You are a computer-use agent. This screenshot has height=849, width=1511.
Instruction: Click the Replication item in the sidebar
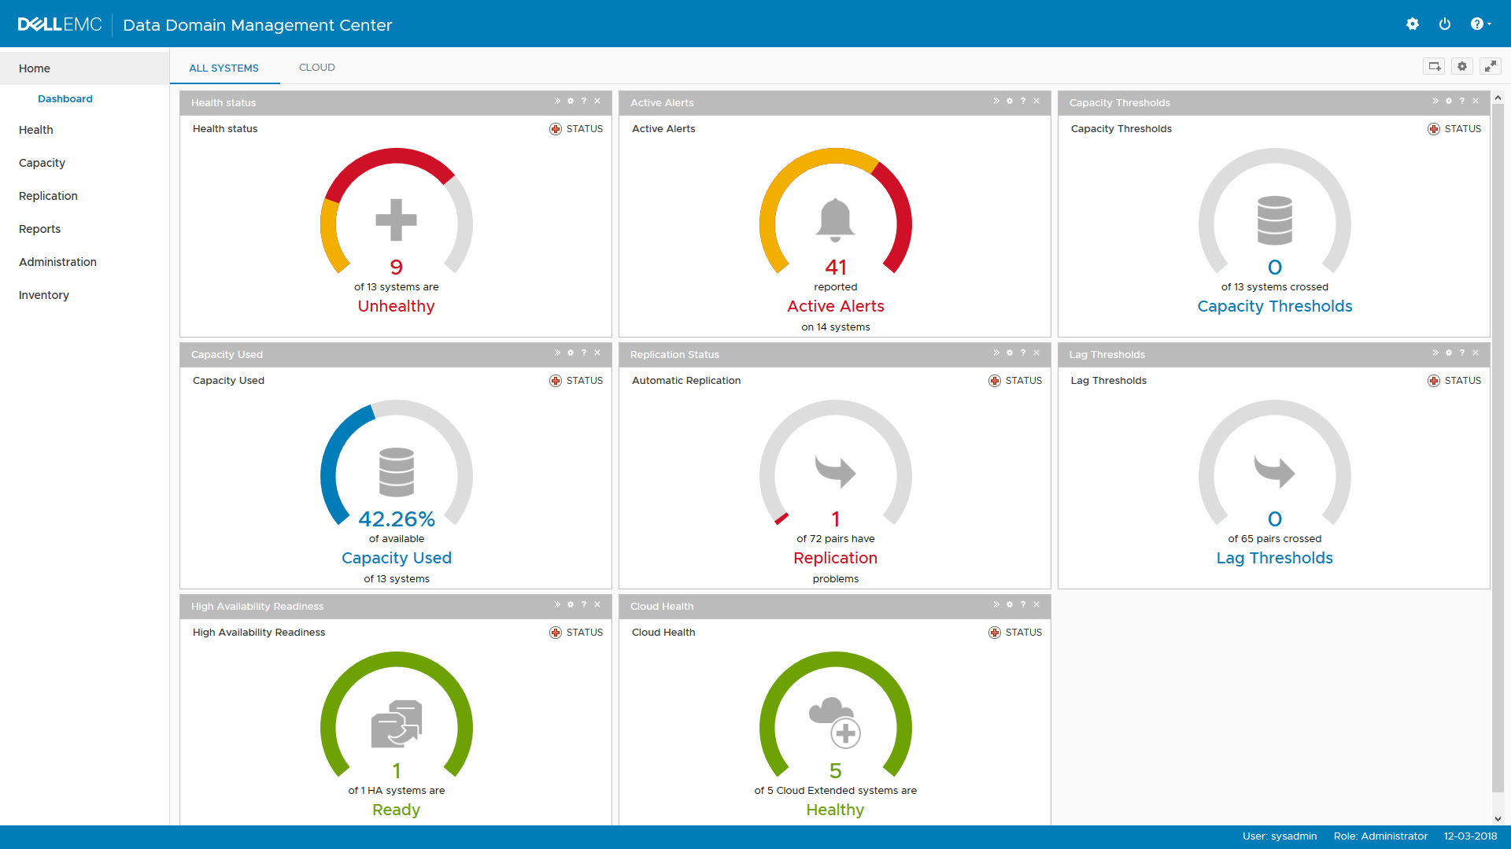coord(48,196)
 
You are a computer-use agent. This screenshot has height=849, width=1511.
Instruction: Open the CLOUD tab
coord(316,68)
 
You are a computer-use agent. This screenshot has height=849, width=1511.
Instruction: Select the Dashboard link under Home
coord(65,99)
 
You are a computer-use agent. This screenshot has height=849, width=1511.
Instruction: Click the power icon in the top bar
coord(1444,24)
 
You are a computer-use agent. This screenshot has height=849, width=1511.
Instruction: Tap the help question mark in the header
coord(1477,24)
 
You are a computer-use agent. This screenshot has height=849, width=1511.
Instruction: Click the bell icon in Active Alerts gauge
coord(835,220)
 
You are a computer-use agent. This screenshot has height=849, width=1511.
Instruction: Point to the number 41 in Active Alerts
coord(835,268)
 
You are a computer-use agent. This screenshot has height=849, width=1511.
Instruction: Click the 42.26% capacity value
coord(396,519)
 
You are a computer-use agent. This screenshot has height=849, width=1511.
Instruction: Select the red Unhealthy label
coord(396,306)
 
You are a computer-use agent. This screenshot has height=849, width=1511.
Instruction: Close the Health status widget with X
coord(597,102)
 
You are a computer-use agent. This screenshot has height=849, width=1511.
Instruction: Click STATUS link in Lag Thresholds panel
coord(1461,381)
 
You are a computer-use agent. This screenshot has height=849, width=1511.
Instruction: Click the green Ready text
coord(396,810)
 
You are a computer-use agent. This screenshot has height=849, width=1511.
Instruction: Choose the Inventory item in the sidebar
coord(44,295)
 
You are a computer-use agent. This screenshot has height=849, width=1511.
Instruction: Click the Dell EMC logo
coord(60,24)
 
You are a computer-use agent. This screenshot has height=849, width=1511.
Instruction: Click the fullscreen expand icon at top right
coord(1490,67)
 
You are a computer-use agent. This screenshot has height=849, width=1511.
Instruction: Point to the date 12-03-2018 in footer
coord(1469,836)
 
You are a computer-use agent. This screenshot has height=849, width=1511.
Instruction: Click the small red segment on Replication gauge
coord(781,518)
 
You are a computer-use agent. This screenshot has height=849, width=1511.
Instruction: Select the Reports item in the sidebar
coord(39,229)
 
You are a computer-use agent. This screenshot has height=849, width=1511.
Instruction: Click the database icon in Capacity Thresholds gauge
coord(1274,220)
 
